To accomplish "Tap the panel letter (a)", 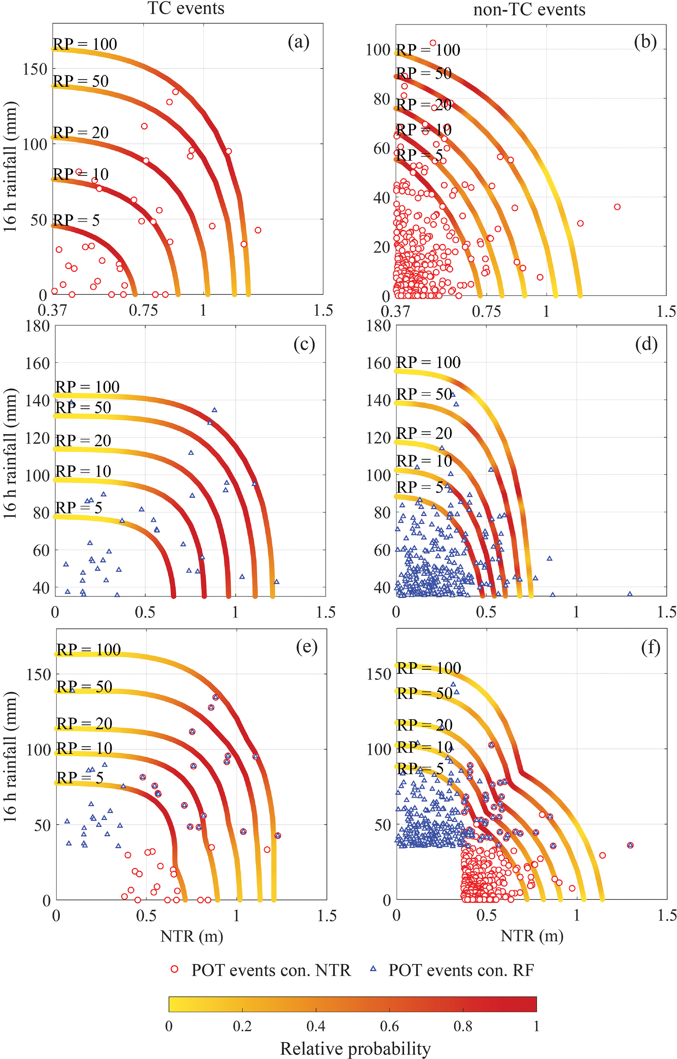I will pos(298,42).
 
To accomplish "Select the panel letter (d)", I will pos(646,344).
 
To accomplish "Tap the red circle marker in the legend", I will pos(175,969).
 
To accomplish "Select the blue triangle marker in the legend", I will pos(373,969).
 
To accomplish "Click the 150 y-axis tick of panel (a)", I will pos(35,69).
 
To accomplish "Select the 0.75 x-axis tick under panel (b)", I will pos(486,311).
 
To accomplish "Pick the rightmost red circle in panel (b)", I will pos(617,207).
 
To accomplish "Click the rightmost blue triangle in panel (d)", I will pos(630,594).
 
